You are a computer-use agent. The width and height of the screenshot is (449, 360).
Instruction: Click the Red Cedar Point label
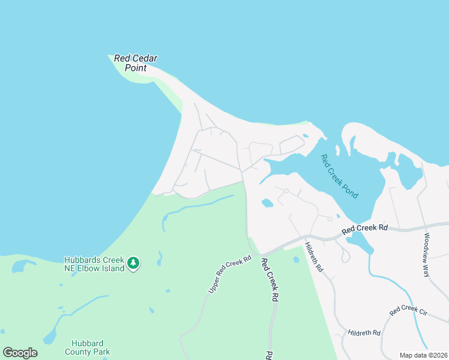click(136, 63)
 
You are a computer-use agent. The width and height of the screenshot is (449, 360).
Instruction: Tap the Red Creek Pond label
click(339, 177)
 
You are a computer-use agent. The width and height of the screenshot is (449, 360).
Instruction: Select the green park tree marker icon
click(133, 263)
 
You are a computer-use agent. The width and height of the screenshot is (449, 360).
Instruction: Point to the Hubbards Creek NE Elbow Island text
click(94, 264)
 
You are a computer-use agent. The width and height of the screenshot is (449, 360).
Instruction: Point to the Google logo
click(20, 353)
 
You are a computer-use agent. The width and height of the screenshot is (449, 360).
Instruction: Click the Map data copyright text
click(423, 355)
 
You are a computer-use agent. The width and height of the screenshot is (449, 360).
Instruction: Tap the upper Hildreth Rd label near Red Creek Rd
click(314, 257)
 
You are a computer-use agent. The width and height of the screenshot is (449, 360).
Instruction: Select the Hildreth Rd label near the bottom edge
click(364, 332)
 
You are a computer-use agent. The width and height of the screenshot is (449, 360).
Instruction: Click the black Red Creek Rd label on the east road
click(366, 229)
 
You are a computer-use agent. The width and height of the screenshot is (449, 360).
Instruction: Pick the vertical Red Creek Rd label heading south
click(270, 280)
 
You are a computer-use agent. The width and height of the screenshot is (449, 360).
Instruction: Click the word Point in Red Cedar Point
click(136, 68)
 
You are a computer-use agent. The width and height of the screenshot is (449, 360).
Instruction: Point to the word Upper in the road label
click(214, 287)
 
